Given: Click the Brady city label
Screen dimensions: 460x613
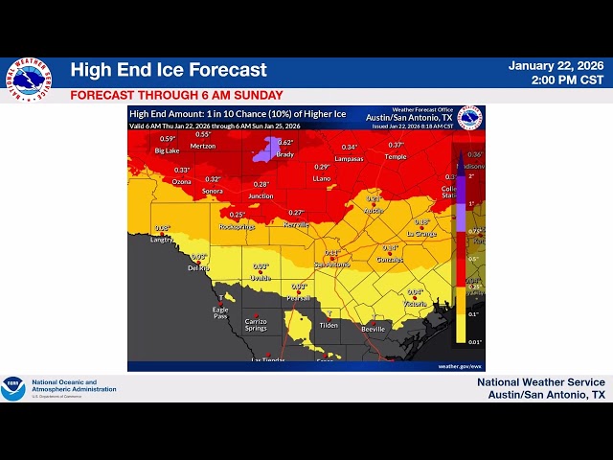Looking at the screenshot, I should coord(284,154).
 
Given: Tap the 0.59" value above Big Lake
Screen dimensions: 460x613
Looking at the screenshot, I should coord(168,139).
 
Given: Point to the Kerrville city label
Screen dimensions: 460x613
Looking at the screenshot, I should coord(297,224).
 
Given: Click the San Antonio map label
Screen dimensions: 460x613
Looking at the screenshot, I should coord(331,264).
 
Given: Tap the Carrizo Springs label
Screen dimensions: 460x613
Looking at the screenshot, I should coord(256,325).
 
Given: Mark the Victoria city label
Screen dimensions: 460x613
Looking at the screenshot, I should coord(415,304).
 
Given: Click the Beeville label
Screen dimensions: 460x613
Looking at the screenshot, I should coord(374,329).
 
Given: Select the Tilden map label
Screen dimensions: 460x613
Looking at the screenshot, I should coord(329,325).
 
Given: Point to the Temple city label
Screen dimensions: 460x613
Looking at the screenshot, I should coord(396,156).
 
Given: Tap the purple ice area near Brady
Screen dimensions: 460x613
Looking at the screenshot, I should coord(262,148).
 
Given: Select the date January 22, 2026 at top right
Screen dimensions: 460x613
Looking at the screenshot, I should coord(556,65).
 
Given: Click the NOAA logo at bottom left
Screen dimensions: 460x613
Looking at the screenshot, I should coord(13,388).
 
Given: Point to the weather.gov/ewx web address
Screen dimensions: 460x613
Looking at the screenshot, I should coord(459,366).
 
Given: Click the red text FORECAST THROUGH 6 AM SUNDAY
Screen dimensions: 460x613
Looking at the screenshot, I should coord(176,95).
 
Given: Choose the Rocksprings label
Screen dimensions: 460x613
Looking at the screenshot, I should coord(238,226).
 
